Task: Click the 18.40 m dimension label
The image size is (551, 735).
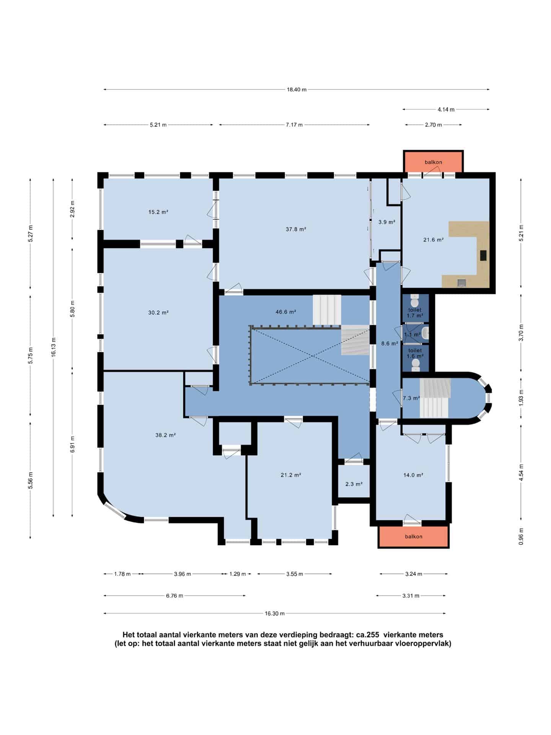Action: click(x=297, y=90)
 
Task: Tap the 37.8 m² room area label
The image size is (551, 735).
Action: click(x=296, y=229)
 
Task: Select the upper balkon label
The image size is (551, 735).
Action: click(x=433, y=162)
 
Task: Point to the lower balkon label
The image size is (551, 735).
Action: click(x=414, y=536)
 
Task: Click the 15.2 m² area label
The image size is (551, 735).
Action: click(x=158, y=212)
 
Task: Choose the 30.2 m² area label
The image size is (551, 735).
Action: click(x=158, y=312)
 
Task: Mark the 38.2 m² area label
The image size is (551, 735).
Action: click(x=166, y=435)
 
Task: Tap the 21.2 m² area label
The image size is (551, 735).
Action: click(x=291, y=475)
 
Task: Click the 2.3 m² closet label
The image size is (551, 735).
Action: click(x=354, y=484)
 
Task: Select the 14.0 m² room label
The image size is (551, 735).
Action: click(x=413, y=475)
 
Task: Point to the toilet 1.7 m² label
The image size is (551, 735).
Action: click(x=415, y=313)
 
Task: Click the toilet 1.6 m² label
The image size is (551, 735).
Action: click(x=415, y=353)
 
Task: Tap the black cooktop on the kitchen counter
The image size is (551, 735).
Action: click(x=483, y=255)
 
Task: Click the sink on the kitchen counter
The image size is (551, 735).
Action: click(x=462, y=283)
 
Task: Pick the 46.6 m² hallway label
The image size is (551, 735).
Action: click(x=286, y=312)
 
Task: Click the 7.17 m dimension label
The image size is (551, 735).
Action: click(x=294, y=124)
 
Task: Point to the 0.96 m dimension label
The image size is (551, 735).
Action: click(x=521, y=536)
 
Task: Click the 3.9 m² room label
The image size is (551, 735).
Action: click(x=387, y=222)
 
